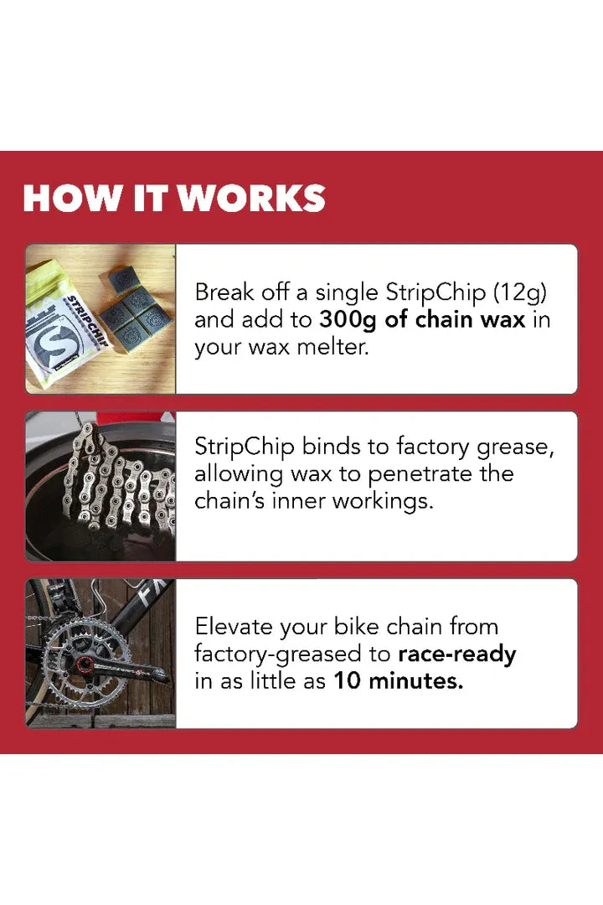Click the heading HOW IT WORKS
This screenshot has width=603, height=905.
[x=174, y=198]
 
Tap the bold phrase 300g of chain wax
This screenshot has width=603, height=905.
[x=423, y=319]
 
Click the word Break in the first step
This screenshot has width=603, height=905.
[x=221, y=292]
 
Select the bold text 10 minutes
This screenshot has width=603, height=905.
[x=398, y=681]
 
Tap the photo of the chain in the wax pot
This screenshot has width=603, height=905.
[x=100, y=486]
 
